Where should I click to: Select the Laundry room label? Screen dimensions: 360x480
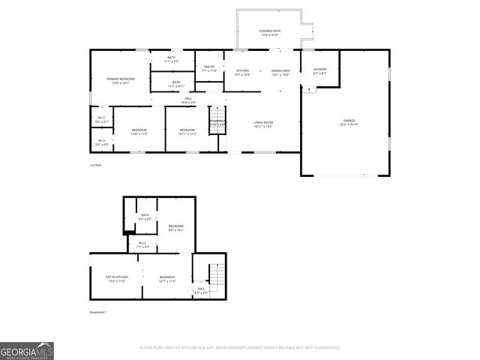coord(319,71)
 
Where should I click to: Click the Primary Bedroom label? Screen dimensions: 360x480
coord(120,81)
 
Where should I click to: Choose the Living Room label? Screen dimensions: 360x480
coord(262,124)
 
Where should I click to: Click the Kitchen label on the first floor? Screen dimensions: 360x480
coord(242,73)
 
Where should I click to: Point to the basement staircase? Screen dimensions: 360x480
coord(216,279)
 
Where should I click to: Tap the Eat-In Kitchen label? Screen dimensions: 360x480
coord(115,279)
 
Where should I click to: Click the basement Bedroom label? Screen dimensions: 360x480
coord(176,228)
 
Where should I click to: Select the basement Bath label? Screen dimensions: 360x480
coord(145,217)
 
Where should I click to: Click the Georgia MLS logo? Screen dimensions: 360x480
coord(27,351)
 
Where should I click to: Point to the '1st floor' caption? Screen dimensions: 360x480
coord(95,165)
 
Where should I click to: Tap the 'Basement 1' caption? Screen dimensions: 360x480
coord(98,313)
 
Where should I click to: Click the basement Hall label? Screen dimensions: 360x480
coord(201,289)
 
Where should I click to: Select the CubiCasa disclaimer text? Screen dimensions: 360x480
coord(239,348)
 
